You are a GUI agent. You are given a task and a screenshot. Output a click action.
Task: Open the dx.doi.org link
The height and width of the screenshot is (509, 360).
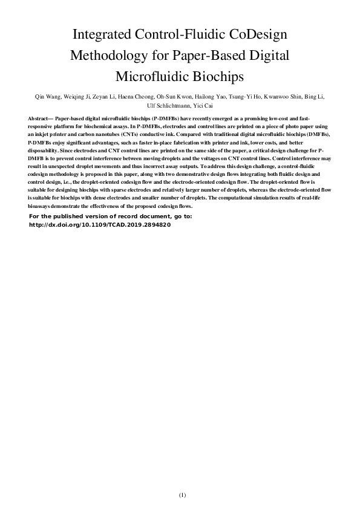pos(100,224)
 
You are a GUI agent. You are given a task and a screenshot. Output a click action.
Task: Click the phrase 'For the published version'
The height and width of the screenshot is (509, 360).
pos(64,216)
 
